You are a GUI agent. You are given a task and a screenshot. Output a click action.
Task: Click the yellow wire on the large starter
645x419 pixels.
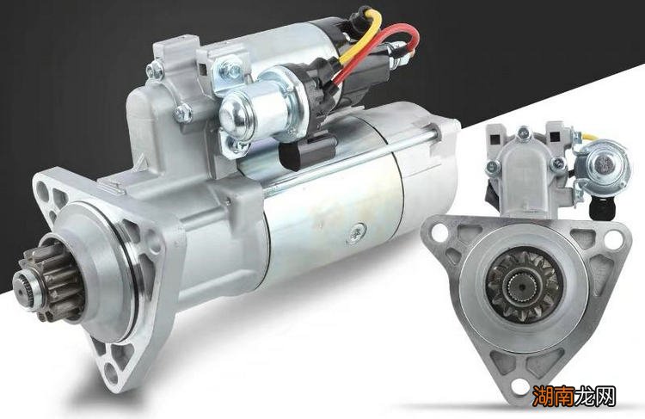[x=361, y=36]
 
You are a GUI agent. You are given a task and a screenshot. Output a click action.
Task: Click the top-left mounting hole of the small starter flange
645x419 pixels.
[x=439, y=231]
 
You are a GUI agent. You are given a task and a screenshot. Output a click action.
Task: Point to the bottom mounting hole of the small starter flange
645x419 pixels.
[x=519, y=386]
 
